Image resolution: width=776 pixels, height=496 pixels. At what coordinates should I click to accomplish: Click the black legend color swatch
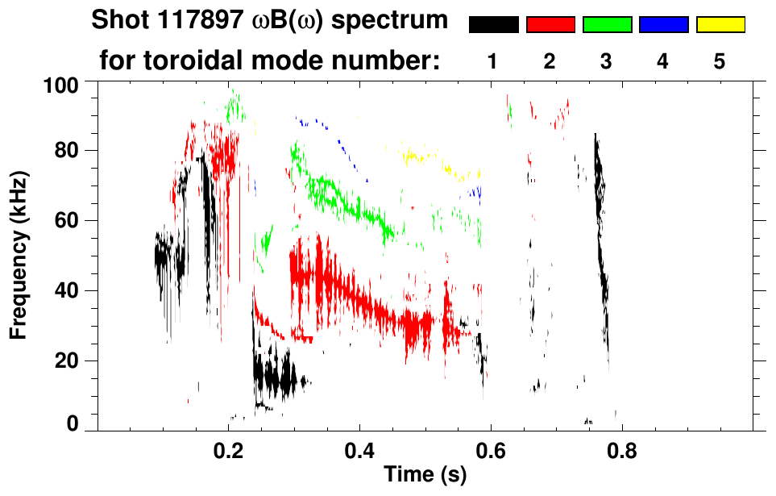point(493,25)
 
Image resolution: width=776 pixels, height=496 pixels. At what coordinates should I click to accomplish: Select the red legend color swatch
point(550,25)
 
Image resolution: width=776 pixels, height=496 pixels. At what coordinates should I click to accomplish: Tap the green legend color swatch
point(607,25)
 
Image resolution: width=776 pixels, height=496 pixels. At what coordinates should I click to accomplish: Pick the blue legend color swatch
point(663,25)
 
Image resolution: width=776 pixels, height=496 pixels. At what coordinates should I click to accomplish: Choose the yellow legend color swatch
point(720,25)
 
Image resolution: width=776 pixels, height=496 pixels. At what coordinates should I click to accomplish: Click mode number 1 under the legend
point(492,61)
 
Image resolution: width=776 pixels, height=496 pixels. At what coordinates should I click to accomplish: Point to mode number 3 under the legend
point(607,61)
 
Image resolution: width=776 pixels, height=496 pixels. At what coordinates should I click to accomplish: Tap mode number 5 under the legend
point(720,61)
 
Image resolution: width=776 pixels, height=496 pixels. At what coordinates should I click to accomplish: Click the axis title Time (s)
point(425,475)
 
